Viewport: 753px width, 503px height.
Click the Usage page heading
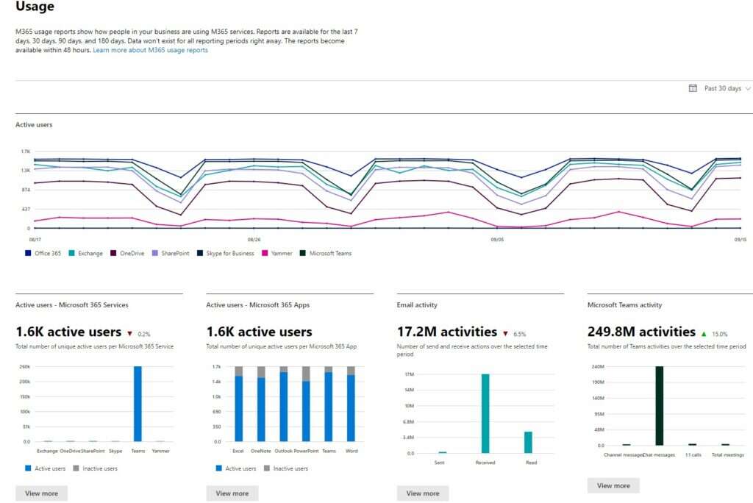coord(35,7)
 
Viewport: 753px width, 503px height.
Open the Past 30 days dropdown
coord(721,88)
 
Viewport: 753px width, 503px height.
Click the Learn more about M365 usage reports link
coord(150,50)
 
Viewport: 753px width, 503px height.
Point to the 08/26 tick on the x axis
coord(254,239)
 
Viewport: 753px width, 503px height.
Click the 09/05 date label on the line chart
coord(497,239)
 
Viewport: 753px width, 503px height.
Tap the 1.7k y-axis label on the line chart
coord(26,151)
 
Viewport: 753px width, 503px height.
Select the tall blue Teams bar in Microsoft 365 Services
coord(138,404)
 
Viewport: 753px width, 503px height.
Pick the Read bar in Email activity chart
coord(528,442)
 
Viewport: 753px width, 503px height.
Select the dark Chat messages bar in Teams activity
coord(660,405)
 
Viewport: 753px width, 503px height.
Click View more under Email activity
coord(423,493)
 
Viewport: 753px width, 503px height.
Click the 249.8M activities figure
coord(641,332)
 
